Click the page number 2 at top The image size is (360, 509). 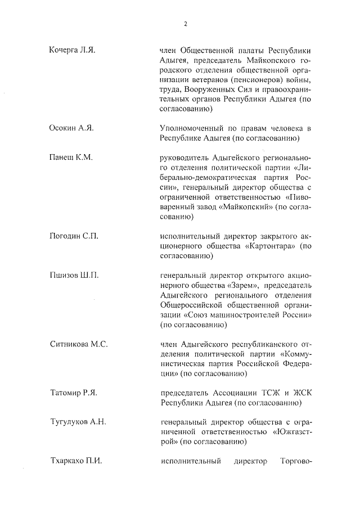(x=184, y=24)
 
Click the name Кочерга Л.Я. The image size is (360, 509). (x=73, y=51)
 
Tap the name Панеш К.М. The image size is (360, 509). (x=70, y=157)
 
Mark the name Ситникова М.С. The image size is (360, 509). (x=78, y=344)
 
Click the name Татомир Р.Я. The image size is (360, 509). (x=74, y=393)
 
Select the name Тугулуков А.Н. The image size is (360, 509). (x=78, y=422)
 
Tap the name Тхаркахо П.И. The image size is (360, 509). (x=76, y=461)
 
